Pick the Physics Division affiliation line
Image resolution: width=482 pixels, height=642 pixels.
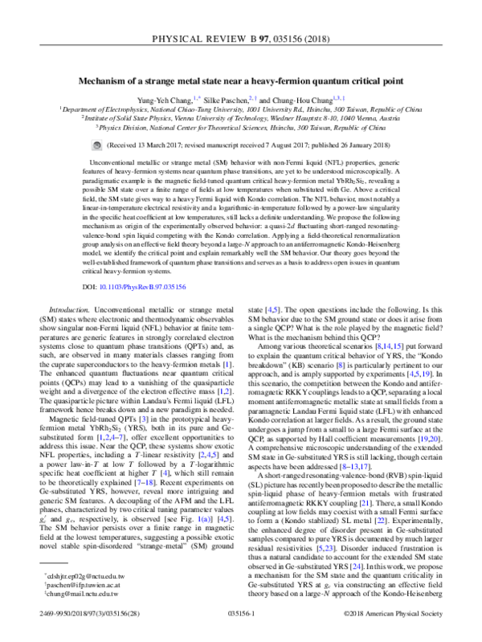pos(241,126)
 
